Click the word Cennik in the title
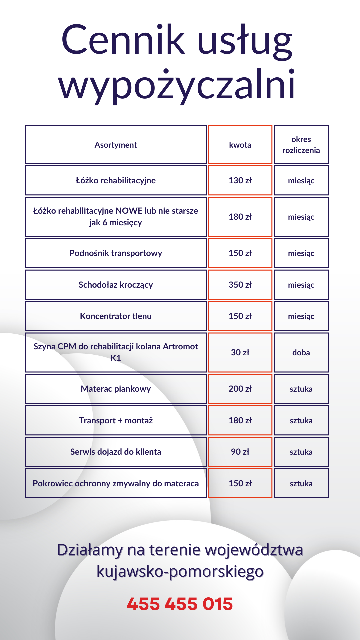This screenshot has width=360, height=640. coord(123,40)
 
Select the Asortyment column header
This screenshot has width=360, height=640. coord(116,145)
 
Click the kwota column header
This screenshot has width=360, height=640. coord(240,145)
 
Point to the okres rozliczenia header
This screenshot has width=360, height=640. coord(301,145)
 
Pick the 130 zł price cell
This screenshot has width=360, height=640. coord(240,181)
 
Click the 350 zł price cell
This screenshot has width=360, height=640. coord(240,285)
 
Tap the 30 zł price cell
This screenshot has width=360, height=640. coord(240,353)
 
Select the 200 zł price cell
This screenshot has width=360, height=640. coord(240,389)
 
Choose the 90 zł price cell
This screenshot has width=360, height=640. coord(240,452)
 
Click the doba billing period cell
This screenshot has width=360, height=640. coord(301,353)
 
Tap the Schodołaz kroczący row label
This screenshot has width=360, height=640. coord(116,285)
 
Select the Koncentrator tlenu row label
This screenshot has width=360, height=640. coord(116,316)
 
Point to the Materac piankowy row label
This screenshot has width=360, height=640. coord(116,389)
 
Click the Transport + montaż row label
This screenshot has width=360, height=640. coord(116,421)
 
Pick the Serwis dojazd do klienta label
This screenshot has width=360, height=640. coord(116,452)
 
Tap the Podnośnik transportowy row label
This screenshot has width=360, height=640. coord(116,253)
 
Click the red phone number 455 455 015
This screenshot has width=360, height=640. coord(180,604)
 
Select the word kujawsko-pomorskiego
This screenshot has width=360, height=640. coord(180,571)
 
